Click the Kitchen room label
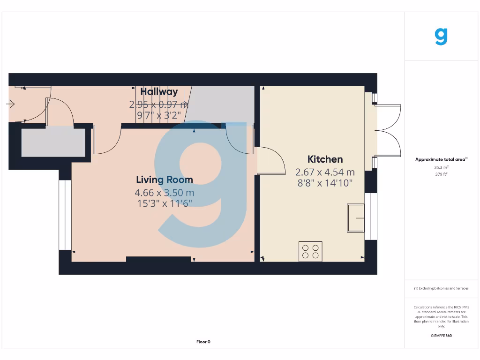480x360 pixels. [x=325, y=159]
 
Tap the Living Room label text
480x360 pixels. [x=164, y=180]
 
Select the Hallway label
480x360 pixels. [x=159, y=92]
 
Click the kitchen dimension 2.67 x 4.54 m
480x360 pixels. [x=325, y=172]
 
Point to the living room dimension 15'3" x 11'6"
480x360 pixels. [x=164, y=203]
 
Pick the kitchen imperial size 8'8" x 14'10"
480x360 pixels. [x=325, y=183]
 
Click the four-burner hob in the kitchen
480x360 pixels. [x=310, y=251]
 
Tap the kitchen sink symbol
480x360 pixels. [x=356, y=218]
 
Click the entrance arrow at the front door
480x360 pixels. [x=11, y=104]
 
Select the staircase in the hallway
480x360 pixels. [x=162, y=105]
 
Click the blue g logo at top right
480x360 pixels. [x=441, y=37]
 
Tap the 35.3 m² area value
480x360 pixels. [x=441, y=167]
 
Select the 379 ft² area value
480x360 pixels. [x=441, y=174]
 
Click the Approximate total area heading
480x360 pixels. [x=441, y=159]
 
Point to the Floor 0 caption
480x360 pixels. [x=203, y=342]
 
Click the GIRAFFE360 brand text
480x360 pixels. [x=441, y=336]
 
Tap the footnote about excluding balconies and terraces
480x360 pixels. [x=441, y=288]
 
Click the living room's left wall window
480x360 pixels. [x=62, y=215]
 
